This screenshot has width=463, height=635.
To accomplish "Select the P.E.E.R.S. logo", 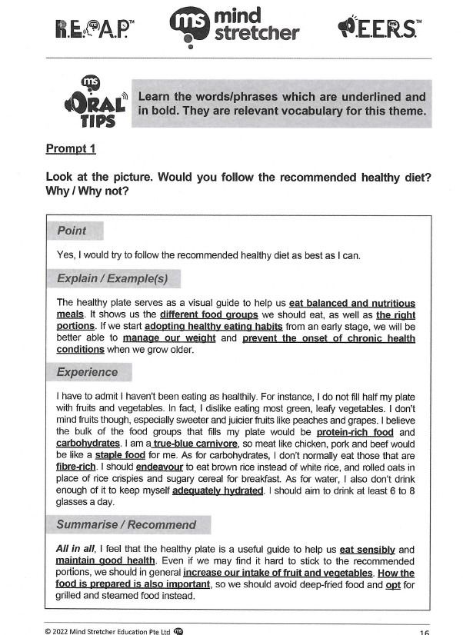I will click(x=378, y=28).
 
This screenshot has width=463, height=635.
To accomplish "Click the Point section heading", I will click(x=72, y=231).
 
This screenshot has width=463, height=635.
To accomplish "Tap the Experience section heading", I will click(x=87, y=372).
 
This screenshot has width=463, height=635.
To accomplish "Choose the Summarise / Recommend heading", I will click(x=126, y=524).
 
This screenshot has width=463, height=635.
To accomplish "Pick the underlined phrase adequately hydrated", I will click(x=218, y=490).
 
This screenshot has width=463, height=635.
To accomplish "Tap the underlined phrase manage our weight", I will click(x=169, y=337).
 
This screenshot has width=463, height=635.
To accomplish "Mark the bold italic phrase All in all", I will click(x=74, y=550).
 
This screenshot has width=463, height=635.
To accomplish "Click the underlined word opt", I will click(x=394, y=584).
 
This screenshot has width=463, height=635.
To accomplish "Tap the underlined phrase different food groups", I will click(x=208, y=314).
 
